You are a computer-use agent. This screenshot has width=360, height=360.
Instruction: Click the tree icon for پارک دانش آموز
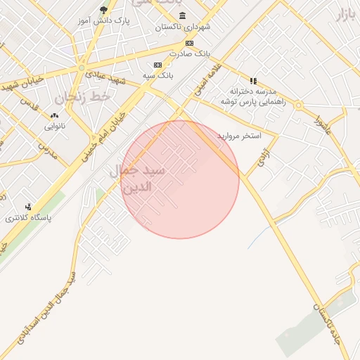[x=104, y=10]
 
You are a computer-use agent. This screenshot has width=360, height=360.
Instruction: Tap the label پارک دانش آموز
[x=106, y=21]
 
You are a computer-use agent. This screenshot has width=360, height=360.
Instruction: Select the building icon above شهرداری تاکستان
[x=183, y=16]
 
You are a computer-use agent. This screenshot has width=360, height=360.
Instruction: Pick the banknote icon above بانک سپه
[x=158, y=65]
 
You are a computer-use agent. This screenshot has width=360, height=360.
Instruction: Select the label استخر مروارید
[x=239, y=134]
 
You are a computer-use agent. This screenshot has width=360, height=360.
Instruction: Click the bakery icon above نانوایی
[x=54, y=116]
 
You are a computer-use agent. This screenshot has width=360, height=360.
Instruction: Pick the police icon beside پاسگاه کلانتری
[x=28, y=207]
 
